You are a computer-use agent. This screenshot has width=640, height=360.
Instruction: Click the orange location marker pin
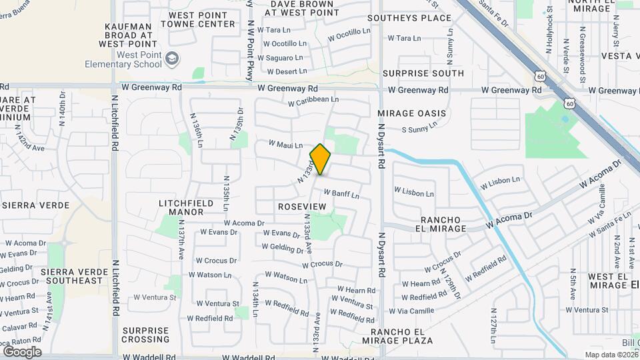(x=320, y=159)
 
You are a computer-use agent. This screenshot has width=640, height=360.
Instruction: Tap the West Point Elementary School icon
(x=173, y=59)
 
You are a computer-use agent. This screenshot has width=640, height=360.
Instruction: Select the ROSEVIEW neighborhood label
(x=302, y=207)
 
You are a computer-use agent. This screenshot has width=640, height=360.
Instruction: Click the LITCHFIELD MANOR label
(x=186, y=207)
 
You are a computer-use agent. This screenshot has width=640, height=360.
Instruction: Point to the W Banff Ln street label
(x=341, y=194)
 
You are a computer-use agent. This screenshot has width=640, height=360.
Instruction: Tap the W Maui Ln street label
(x=285, y=145)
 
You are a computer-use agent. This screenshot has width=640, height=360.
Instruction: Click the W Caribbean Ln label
(x=313, y=100)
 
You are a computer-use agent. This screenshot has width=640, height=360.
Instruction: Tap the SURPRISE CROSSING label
(x=146, y=335)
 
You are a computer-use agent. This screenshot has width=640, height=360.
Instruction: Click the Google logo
(x=22, y=351)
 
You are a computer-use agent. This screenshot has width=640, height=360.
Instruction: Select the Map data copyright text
(x=611, y=355)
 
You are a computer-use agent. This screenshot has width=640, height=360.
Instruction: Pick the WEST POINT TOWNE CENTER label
(x=202, y=19)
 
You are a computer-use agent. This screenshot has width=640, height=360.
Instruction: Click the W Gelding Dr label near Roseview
(x=283, y=247)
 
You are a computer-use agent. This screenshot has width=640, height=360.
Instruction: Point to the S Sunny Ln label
(x=419, y=126)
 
